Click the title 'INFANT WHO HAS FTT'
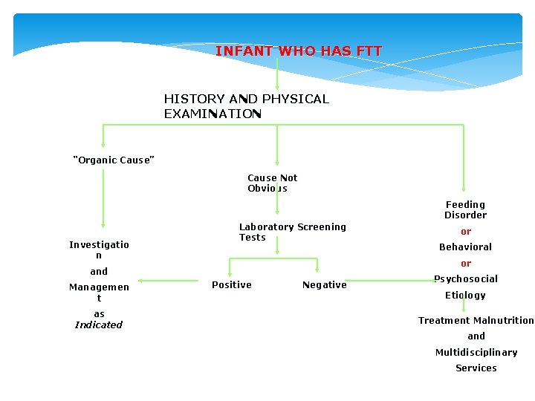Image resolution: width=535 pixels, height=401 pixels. (x=299, y=51)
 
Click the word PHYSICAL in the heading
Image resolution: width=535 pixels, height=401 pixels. (x=295, y=99)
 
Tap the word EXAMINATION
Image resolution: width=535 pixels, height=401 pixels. (x=213, y=114)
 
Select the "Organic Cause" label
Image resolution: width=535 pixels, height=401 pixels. (x=113, y=160)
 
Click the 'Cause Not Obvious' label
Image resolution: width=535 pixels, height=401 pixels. (x=272, y=183)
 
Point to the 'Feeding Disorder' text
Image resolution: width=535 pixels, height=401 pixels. (x=465, y=209)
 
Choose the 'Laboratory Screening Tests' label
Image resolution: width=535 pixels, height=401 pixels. (x=292, y=232)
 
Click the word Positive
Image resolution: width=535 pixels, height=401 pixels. (x=232, y=285)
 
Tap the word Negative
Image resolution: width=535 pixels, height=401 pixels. (x=324, y=285)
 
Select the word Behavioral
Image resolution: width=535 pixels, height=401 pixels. (x=465, y=247)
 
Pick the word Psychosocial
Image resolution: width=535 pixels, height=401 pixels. (x=466, y=279)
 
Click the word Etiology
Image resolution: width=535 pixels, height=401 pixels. (x=465, y=295)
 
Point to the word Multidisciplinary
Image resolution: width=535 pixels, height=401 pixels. (x=476, y=352)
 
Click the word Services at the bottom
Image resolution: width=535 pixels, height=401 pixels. (x=476, y=368)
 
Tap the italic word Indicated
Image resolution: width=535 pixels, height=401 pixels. (x=99, y=325)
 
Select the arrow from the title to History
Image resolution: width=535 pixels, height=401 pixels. (x=277, y=74)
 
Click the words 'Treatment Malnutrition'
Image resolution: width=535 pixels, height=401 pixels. (x=476, y=321)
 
